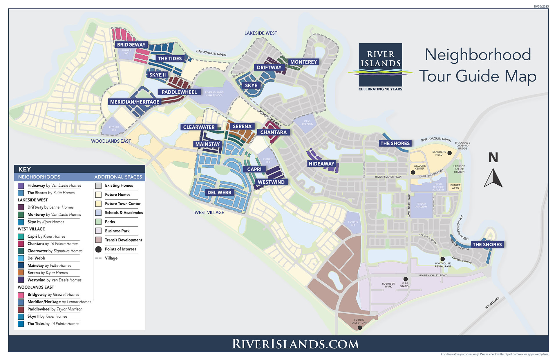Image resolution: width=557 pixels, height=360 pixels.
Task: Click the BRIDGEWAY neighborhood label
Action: click(x=131, y=45)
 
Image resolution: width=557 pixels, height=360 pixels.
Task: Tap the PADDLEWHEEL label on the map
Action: click(x=179, y=92)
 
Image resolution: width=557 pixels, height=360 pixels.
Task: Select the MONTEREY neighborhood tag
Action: click(x=303, y=62)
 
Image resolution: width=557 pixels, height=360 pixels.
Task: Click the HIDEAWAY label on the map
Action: click(x=321, y=164)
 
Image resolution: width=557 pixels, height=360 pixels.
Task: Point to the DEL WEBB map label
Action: click(x=219, y=192)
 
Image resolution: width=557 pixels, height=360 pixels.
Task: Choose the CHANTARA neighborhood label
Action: click(x=273, y=132)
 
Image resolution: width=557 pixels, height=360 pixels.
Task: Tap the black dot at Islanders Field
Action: click(x=449, y=153)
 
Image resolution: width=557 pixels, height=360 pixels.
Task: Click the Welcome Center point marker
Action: click(x=413, y=172)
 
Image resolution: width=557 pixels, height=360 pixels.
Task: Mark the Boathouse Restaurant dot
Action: click(x=442, y=259)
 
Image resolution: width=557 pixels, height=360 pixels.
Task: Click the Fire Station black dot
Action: click(x=406, y=279)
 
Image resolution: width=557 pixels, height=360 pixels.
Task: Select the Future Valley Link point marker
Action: click(x=360, y=328)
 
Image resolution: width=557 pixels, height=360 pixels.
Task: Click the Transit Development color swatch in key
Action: click(x=98, y=240)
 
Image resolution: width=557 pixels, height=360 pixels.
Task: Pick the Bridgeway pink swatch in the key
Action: click(x=21, y=295)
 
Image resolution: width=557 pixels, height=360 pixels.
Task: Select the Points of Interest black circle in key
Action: click(x=98, y=249)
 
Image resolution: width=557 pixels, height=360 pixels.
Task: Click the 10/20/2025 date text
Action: click(x=541, y=6)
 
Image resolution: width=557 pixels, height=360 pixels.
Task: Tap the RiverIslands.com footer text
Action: click(x=295, y=344)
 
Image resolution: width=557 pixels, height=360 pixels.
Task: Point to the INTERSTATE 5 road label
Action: click(x=492, y=303)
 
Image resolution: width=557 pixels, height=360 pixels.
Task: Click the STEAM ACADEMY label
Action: click(x=421, y=205)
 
